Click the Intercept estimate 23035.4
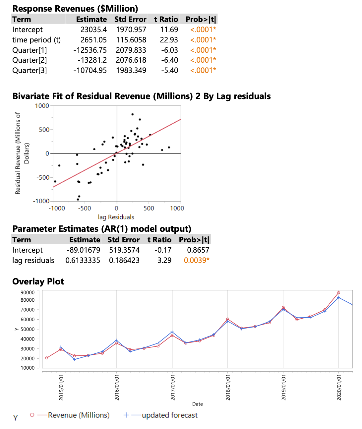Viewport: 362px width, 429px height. (93, 30)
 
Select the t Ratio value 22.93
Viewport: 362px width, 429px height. (169, 40)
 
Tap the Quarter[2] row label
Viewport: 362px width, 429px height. (30, 60)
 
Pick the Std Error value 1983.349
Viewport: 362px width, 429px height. (131, 71)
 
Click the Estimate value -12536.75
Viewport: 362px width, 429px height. (90, 50)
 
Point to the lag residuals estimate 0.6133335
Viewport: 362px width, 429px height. (83, 261)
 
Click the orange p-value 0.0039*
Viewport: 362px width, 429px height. (197, 261)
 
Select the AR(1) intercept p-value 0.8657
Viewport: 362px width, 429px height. (198, 250)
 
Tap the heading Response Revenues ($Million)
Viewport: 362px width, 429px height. (75, 9)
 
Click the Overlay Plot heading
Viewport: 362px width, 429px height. (38, 281)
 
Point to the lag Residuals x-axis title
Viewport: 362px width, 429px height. (116, 217)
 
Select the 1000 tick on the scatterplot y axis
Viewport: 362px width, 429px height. (42, 106)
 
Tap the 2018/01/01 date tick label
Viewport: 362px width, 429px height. (228, 387)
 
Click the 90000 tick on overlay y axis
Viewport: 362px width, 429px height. (28, 292)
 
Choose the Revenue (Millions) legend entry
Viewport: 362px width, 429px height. (79, 415)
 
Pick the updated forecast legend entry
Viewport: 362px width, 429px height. (169, 415)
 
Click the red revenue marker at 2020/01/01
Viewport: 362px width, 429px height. (338, 293)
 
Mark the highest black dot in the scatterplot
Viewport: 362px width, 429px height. (133, 114)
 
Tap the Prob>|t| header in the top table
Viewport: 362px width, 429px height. (201, 20)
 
